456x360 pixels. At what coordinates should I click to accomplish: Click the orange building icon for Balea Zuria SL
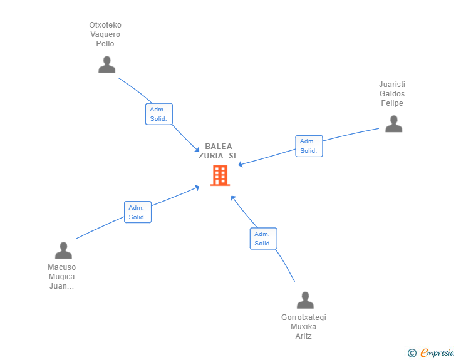pyautogui.click(x=220, y=175)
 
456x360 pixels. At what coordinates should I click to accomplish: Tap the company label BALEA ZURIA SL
pyautogui.click(x=219, y=151)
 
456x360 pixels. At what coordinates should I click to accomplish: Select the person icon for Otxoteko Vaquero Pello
pyautogui.click(x=107, y=64)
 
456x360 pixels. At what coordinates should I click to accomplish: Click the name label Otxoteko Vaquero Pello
pyautogui.click(x=105, y=34)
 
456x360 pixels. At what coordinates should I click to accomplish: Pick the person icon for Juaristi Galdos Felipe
pyautogui.click(x=393, y=124)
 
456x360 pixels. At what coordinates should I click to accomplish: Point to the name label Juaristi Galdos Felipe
pyautogui.click(x=392, y=94)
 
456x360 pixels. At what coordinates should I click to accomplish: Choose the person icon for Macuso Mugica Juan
pyautogui.click(x=63, y=250)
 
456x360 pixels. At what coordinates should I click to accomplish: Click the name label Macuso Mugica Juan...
pyautogui.click(x=62, y=277)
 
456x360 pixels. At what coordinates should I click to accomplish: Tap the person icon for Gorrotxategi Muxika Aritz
pyautogui.click(x=305, y=301)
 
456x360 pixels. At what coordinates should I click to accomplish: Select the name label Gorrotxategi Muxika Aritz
pyautogui.click(x=304, y=327)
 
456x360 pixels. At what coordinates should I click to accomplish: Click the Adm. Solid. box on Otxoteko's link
pyautogui.click(x=158, y=114)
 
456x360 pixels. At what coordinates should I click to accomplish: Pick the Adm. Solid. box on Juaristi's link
pyautogui.click(x=309, y=146)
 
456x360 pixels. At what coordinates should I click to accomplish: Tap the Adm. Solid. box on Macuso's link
pyautogui.click(x=138, y=212)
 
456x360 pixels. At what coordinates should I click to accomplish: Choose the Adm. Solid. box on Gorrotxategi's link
pyautogui.click(x=263, y=239)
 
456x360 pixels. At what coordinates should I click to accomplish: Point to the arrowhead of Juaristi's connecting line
pyautogui.click(x=241, y=165)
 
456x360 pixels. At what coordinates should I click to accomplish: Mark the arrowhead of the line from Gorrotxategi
pyautogui.click(x=232, y=198)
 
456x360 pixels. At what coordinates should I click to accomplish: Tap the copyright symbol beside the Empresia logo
pyautogui.click(x=412, y=353)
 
